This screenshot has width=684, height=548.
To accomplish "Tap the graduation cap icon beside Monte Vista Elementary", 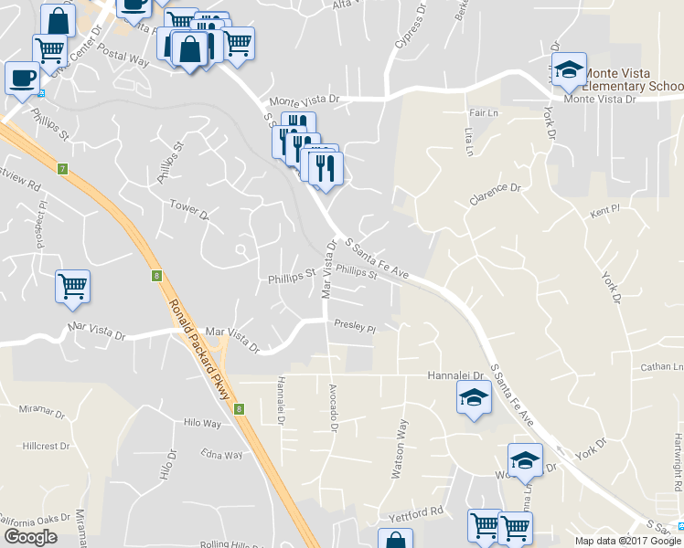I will pyautogui.click(x=568, y=69).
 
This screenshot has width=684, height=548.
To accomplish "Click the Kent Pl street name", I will pyautogui.click(x=604, y=210).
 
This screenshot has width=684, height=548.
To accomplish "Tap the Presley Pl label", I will pyautogui.click(x=355, y=325).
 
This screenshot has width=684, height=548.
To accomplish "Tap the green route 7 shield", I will pyautogui.click(x=62, y=169).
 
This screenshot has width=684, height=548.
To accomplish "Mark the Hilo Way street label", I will pyautogui.click(x=202, y=423).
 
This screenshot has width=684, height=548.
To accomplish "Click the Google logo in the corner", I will pyautogui.click(x=31, y=536).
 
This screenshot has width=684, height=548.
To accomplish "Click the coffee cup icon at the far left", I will pyautogui.click(x=21, y=79).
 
